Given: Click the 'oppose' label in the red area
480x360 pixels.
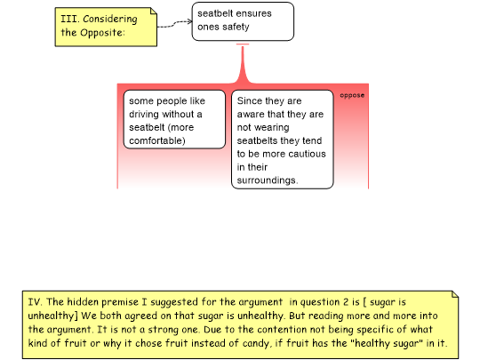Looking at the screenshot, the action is tap(352, 95).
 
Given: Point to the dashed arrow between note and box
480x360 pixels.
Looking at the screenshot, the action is tap(174, 24).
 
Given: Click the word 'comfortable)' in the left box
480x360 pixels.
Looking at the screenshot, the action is tap(157, 140).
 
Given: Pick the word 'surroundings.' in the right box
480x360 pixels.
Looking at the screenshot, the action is tap(268, 180).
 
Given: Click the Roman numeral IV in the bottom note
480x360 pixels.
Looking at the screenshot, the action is tap(35, 302).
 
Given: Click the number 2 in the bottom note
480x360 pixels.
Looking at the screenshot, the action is tap(346, 302).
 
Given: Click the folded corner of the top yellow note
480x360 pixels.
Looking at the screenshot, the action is tap(154, 11).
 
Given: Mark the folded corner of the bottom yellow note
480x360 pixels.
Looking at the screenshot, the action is tap(455, 294).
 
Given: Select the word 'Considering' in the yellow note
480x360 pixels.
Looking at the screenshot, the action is tap(110, 19).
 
